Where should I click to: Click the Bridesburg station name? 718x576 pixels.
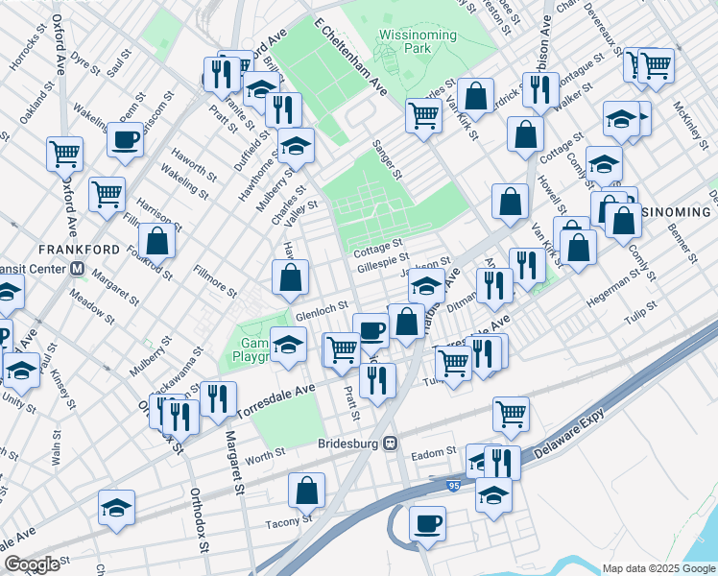tap(347, 444)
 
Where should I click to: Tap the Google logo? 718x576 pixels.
tap(32, 564)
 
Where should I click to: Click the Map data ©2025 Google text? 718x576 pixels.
tap(657, 568)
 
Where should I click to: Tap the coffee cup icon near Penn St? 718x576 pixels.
tap(125, 140)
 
